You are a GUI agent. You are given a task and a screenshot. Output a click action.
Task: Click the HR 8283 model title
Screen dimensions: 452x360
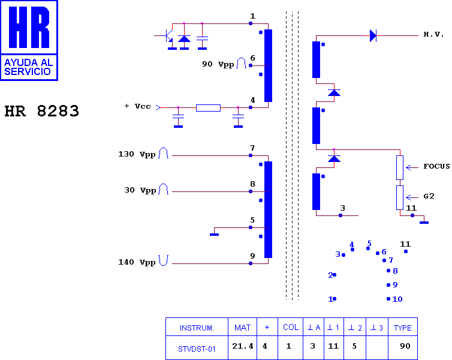[x=41, y=111]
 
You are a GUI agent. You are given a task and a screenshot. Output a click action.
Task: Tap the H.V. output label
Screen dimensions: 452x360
[x=433, y=34]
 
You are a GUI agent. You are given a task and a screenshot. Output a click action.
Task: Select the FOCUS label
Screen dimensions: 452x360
[x=436, y=166]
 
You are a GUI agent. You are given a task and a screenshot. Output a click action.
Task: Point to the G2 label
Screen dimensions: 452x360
[x=429, y=196]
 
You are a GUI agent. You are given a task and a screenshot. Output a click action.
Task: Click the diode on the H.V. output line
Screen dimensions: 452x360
[x=373, y=36]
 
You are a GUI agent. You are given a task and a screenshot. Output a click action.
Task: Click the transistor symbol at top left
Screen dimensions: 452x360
[x=168, y=36]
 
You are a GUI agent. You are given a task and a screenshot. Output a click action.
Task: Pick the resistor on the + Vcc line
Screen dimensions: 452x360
[x=208, y=108]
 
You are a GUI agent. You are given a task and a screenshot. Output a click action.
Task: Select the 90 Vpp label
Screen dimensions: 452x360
[x=218, y=64]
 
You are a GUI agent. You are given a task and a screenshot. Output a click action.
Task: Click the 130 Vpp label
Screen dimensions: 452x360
[x=137, y=154]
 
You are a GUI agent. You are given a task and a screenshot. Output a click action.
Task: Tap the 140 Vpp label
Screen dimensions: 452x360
[x=137, y=262]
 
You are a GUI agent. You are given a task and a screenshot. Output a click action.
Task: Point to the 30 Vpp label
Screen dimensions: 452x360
[x=140, y=190]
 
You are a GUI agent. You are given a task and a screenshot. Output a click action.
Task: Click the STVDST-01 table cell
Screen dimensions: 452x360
[x=197, y=347]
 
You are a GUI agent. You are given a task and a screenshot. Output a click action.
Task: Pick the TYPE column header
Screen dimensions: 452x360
[x=403, y=327]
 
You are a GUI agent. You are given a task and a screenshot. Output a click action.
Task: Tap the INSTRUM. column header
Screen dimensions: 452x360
[x=197, y=327]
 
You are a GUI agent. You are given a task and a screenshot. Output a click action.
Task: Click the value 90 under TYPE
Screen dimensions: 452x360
[x=405, y=346]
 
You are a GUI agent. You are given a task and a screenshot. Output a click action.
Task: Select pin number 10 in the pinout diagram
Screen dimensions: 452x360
[x=397, y=299]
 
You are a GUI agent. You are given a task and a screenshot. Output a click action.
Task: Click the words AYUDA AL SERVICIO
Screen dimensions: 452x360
[x=28, y=67]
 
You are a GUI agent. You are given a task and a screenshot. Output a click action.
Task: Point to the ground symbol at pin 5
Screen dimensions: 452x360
[x=214, y=234]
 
